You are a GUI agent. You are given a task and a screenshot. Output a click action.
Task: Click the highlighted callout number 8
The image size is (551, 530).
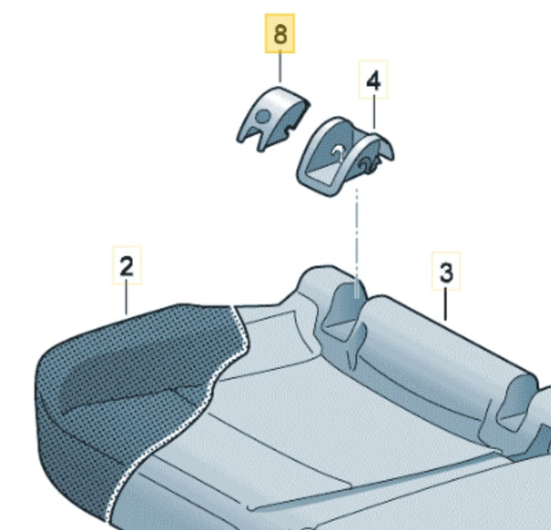(280, 34)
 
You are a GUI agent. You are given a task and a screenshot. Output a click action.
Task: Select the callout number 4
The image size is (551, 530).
(373, 79)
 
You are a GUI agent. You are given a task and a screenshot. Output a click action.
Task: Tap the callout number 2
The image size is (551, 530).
(127, 265)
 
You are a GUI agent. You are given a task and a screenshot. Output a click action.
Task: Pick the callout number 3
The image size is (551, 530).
(446, 271)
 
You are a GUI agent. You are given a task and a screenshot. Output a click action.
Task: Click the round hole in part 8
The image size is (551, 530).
(263, 116)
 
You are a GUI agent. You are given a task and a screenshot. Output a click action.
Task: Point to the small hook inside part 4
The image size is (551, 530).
(339, 152)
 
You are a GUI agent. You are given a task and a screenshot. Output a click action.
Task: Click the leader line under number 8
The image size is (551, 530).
(280, 67)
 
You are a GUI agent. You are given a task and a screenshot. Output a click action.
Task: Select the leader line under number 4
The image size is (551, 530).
(374, 113)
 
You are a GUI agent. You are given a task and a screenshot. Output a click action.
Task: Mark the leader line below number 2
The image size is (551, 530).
(126, 299)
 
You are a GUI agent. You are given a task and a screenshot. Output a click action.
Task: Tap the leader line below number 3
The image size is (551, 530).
(446, 304)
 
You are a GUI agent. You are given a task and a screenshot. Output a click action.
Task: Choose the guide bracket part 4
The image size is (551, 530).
(345, 156)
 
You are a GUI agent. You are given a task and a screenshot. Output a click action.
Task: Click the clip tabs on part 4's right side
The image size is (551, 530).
(369, 163)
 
